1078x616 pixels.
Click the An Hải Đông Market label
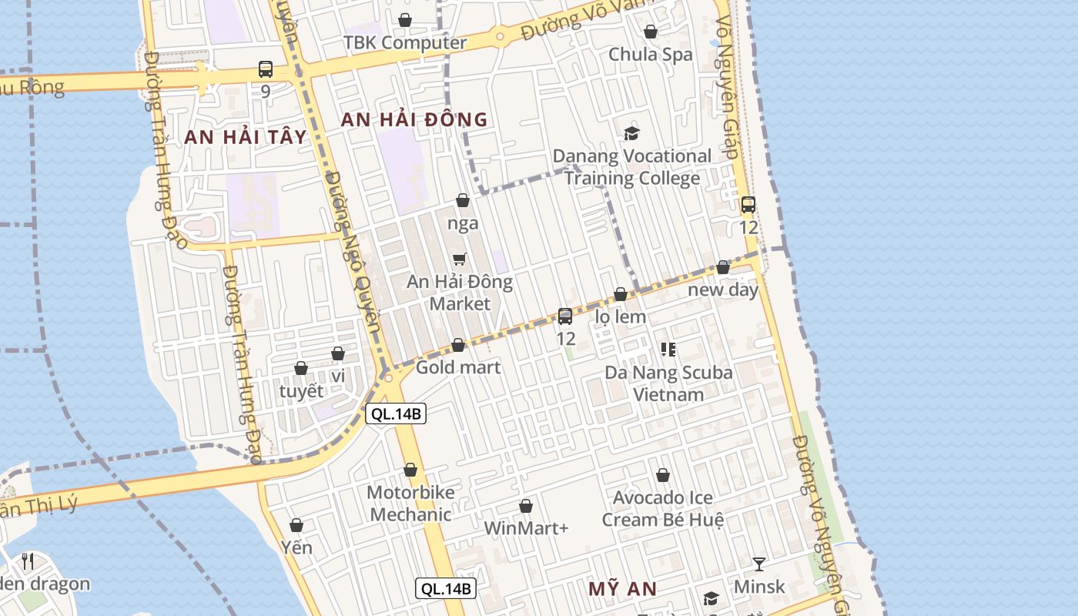pos(460,293)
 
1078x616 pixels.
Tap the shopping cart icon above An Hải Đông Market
pos(460,259)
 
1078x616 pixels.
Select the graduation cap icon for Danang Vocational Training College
pos(631,133)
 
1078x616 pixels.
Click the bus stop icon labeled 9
pos(266,69)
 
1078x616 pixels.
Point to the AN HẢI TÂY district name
pos(246,137)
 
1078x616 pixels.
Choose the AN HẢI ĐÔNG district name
pos(414,119)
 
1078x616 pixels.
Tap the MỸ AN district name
pos(623,589)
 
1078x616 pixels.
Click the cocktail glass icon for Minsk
pos(759,564)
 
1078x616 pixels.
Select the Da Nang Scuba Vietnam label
pos(668,383)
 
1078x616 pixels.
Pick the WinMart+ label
pos(526,528)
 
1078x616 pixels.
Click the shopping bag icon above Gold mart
pos(458,345)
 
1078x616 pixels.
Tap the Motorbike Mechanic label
pos(410,504)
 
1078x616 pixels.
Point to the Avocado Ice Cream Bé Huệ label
pos(662,508)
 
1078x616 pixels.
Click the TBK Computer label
pos(405,42)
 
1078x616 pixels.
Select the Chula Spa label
pos(651,54)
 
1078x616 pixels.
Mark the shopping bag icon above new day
pos(723,267)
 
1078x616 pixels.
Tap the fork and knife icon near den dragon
pos(28,561)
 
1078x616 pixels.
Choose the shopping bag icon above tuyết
pos(301,368)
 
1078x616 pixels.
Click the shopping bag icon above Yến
pos(296,525)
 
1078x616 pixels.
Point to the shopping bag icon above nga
pos(463,200)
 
